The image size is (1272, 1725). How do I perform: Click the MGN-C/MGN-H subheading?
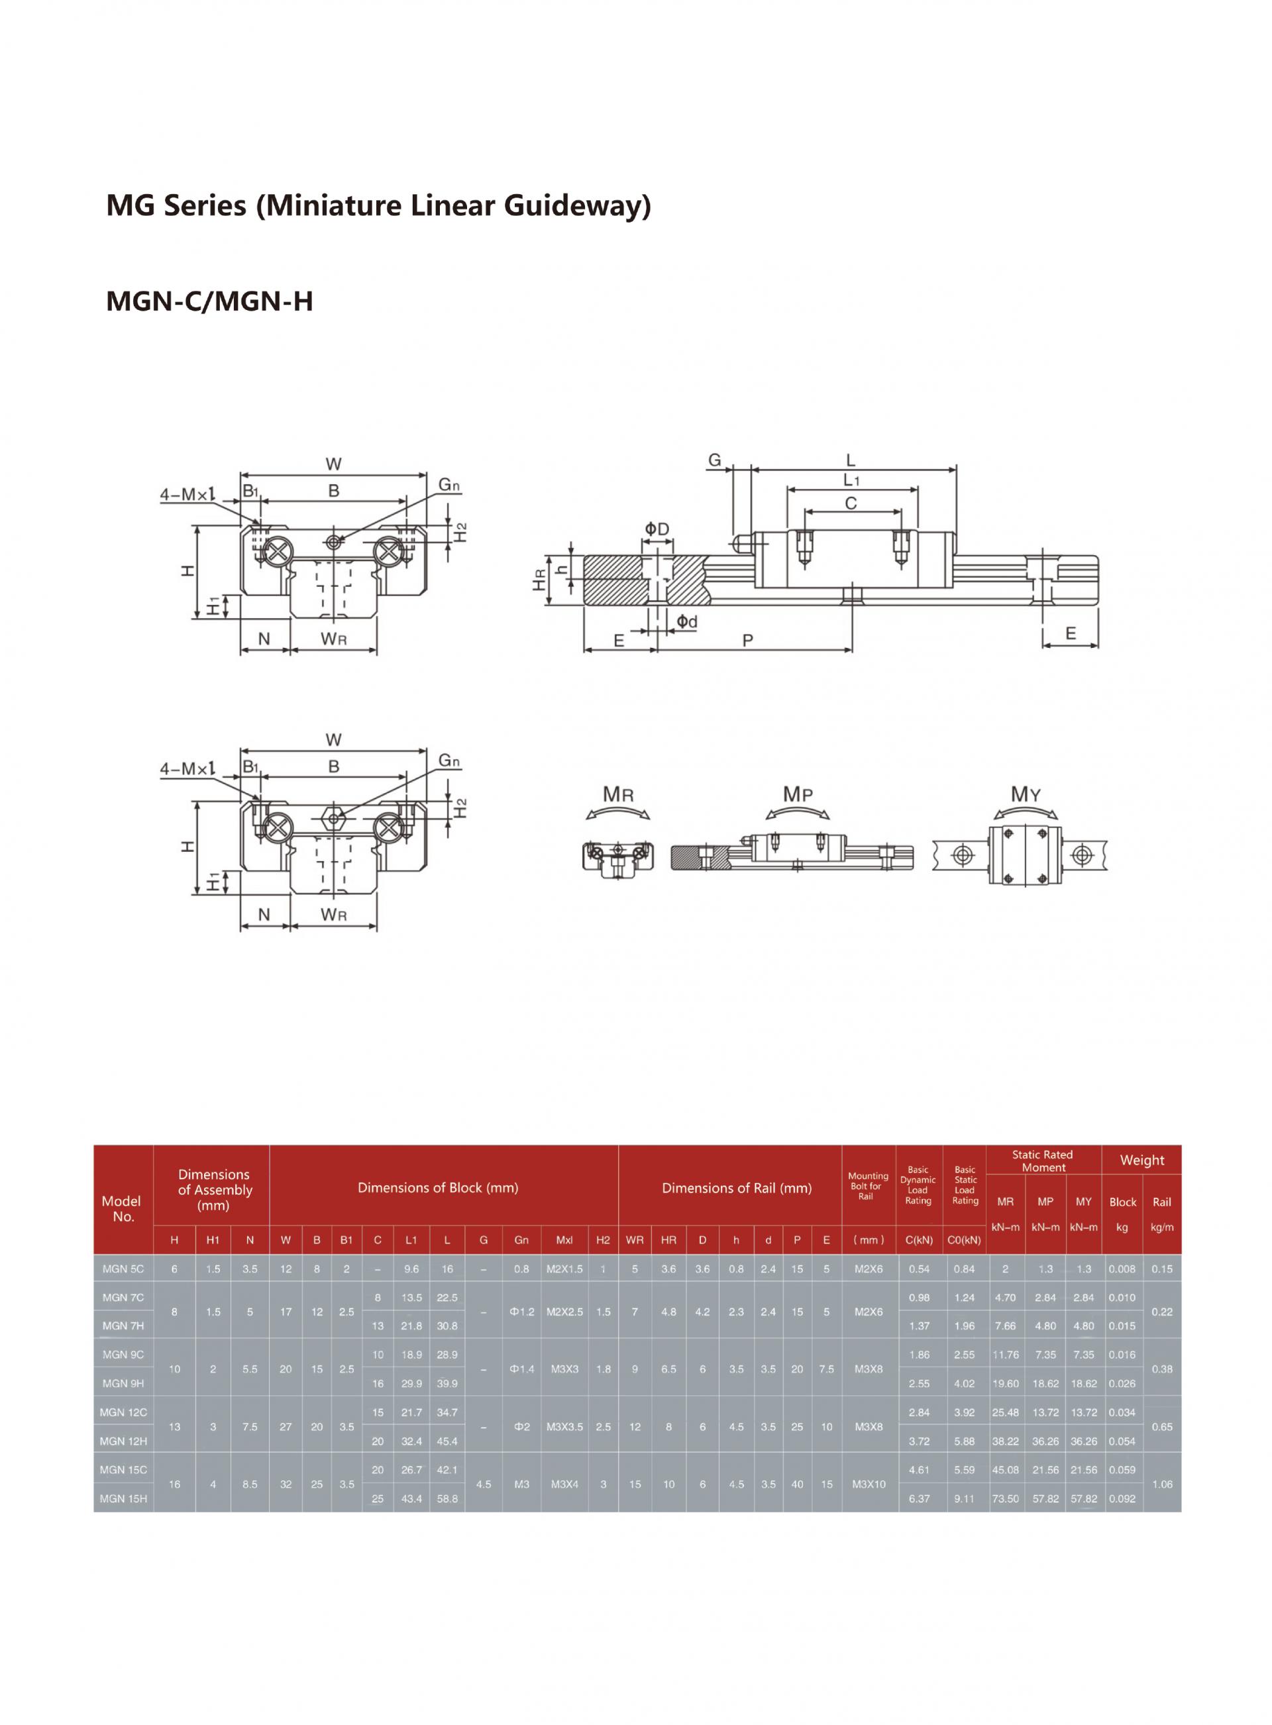pos(209,301)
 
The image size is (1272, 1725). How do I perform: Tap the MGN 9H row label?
pos(123,1383)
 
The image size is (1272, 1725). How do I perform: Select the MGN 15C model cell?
pos(123,1469)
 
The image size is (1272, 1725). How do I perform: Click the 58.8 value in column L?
pos(447,1498)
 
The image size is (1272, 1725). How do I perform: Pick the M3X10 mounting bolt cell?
pos(869,1484)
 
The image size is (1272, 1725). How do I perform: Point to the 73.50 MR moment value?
pos(1005,1498)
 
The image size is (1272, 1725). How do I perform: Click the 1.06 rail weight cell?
pos(1162,1484)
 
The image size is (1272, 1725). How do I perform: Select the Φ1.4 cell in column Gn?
pos(521,1369)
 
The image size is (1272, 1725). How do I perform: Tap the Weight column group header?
pos(1142,1160)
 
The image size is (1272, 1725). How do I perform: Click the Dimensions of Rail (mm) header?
pos(737,1188)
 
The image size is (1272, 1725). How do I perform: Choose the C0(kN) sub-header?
pos(964,1240)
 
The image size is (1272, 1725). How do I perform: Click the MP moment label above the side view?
pos(798,794)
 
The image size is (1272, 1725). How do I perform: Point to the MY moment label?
pos(1026,794)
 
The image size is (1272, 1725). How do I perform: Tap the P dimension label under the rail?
pos(747,640)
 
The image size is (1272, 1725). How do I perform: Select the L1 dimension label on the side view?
pos(851,480)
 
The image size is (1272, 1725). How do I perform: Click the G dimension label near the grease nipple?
pos(715,460)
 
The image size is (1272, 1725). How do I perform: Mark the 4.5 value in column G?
pos(483,1484)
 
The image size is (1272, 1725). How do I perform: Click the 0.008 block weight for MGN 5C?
pos(1122,1269)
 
